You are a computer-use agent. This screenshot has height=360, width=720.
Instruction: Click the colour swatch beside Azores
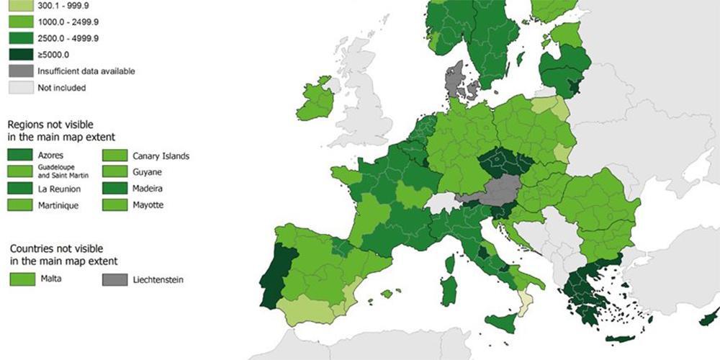22,156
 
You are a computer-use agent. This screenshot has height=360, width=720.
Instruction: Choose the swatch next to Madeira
115,189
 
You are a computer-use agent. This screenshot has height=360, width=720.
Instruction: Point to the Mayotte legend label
148,205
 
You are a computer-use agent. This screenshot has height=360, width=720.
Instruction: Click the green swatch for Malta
22,279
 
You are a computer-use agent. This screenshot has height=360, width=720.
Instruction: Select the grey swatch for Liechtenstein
115,279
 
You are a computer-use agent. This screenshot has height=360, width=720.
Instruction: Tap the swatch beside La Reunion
22,189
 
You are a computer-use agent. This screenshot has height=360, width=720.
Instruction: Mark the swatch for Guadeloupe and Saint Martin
22,172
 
